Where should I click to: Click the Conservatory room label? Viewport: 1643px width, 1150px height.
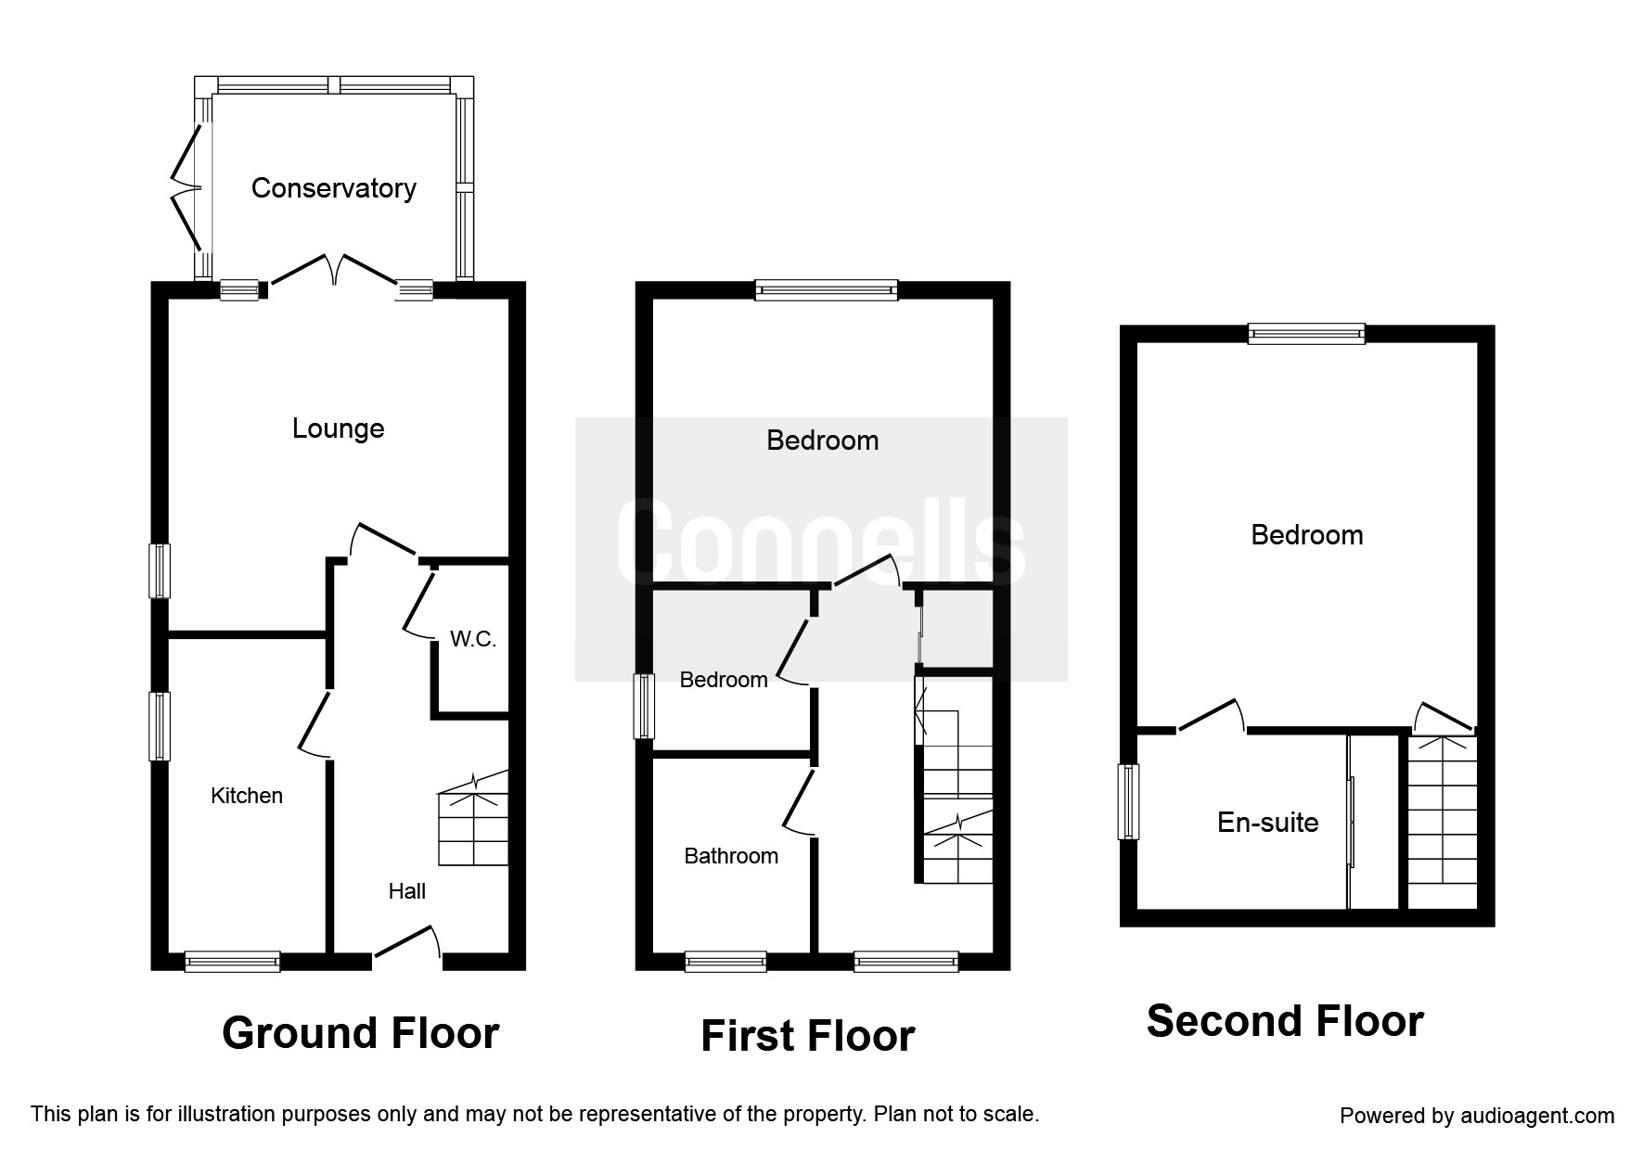(x=333, y=188)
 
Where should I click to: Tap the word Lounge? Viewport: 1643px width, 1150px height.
(x=338, y=428)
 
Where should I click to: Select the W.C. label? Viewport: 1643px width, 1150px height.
(x=473, y=639)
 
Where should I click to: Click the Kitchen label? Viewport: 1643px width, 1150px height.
(x=247, y=796)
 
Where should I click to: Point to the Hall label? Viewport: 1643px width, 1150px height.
(x=407, y=891)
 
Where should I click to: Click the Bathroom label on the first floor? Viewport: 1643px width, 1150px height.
(x=731, y=856)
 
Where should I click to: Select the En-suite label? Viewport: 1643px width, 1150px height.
(x=1268, y=823)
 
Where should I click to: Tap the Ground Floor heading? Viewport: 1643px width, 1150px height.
(x=361, y=1033)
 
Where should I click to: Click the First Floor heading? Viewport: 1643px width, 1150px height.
(x=808, y=1036)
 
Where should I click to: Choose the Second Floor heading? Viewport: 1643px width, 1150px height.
(x=1285, y=1021)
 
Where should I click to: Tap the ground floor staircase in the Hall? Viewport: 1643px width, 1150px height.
(x=473, y=818)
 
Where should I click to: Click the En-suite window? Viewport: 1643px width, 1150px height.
(x=1129, y=801)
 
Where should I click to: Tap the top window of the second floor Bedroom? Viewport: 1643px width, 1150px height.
(x=1306, y=333)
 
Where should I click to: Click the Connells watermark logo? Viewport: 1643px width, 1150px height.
(x=821, y=549)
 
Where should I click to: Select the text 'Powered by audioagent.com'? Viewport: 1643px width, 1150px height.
(x=1477, y=1116)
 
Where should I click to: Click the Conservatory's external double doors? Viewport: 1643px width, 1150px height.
(x=187, y=188)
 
